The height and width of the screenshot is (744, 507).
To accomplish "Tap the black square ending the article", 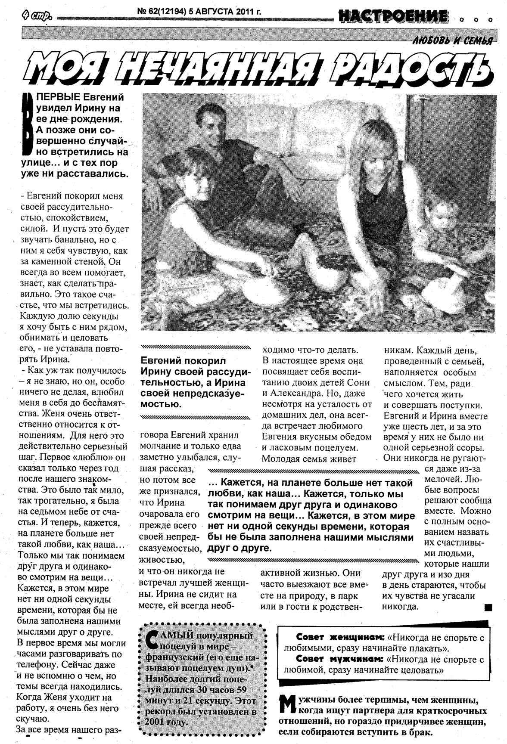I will click(488, 608).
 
